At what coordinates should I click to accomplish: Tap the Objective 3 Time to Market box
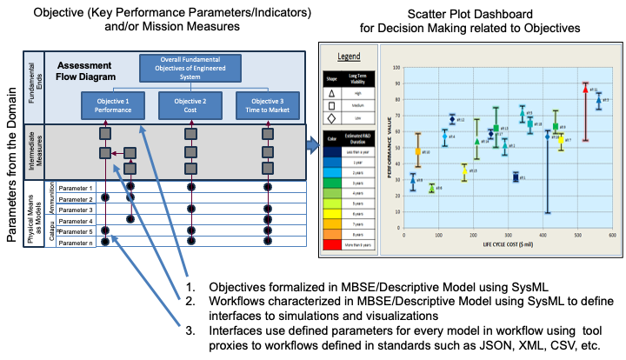(x=267, y=105)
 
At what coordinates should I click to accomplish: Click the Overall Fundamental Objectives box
(x=183, y=68)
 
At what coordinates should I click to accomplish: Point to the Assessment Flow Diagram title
(x=84, y=70)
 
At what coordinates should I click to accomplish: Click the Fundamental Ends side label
(x=33, y=87)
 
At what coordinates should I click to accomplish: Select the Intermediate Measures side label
(x=33, y=151)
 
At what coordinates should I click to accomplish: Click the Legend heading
(x=349, y=57)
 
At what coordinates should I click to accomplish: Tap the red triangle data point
(x=585, y=88)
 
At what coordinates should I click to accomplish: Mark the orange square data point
(x=418, y=151)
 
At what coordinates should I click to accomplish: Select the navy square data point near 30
(x=516, y=177)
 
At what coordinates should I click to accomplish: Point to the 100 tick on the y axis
(x=396, y=67)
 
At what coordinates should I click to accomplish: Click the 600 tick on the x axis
(x=612, y=235)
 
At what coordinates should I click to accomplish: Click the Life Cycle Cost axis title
(x=508, y=244)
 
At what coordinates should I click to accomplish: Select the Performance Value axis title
(x=389, y=148)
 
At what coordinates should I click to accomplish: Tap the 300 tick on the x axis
(x=508, y=235)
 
